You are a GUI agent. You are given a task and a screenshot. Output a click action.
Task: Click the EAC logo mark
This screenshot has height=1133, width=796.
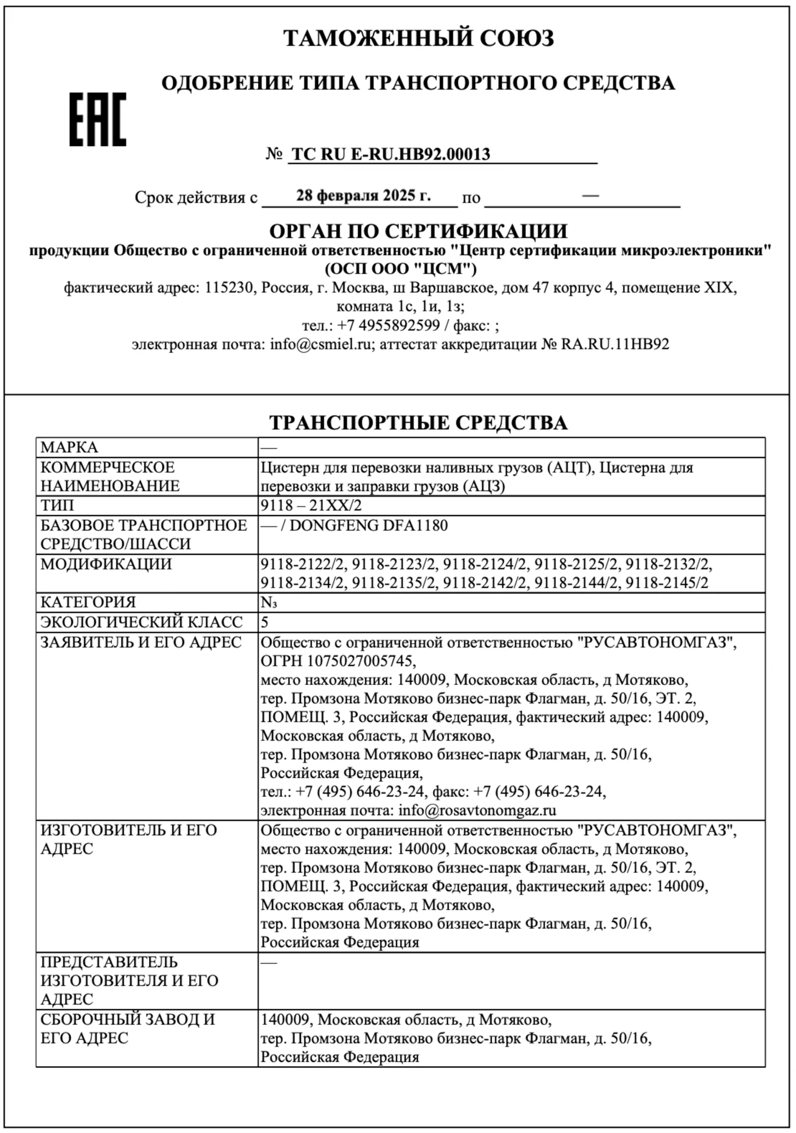coord(98,119)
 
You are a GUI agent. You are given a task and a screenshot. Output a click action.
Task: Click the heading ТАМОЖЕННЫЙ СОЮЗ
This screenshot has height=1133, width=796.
coord(418,38)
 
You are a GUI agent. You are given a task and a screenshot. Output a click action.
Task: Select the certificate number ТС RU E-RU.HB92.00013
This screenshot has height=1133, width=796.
coord(391,154)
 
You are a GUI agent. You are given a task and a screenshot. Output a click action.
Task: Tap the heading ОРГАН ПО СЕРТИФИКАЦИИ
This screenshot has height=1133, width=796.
coord(418,231)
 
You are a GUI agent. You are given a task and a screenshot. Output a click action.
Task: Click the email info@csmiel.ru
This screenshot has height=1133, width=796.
coord(320,344)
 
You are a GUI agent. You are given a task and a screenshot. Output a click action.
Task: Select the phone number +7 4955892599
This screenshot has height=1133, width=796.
coord(388,325)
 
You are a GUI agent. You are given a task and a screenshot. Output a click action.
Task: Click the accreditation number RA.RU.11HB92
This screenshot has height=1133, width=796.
coord(615,344)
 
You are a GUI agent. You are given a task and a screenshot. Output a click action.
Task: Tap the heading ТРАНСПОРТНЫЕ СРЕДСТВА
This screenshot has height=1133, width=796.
coord(418,423)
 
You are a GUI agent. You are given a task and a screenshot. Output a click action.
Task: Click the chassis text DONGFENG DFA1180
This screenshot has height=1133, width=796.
coord(369,525)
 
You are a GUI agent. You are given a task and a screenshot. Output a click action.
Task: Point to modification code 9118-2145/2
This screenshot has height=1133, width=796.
coord(667,583)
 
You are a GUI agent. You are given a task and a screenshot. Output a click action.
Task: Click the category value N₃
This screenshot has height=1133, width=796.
coord(268,602)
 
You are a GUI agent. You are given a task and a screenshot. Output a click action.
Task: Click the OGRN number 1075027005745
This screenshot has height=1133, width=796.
coord(360,660)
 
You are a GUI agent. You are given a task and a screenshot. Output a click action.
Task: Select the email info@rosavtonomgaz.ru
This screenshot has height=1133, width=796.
coord(477,810)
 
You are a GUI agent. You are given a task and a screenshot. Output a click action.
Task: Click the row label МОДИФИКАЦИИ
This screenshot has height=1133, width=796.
coord(106,563)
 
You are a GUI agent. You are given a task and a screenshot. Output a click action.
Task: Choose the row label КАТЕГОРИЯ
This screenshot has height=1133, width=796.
coord(88,602)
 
